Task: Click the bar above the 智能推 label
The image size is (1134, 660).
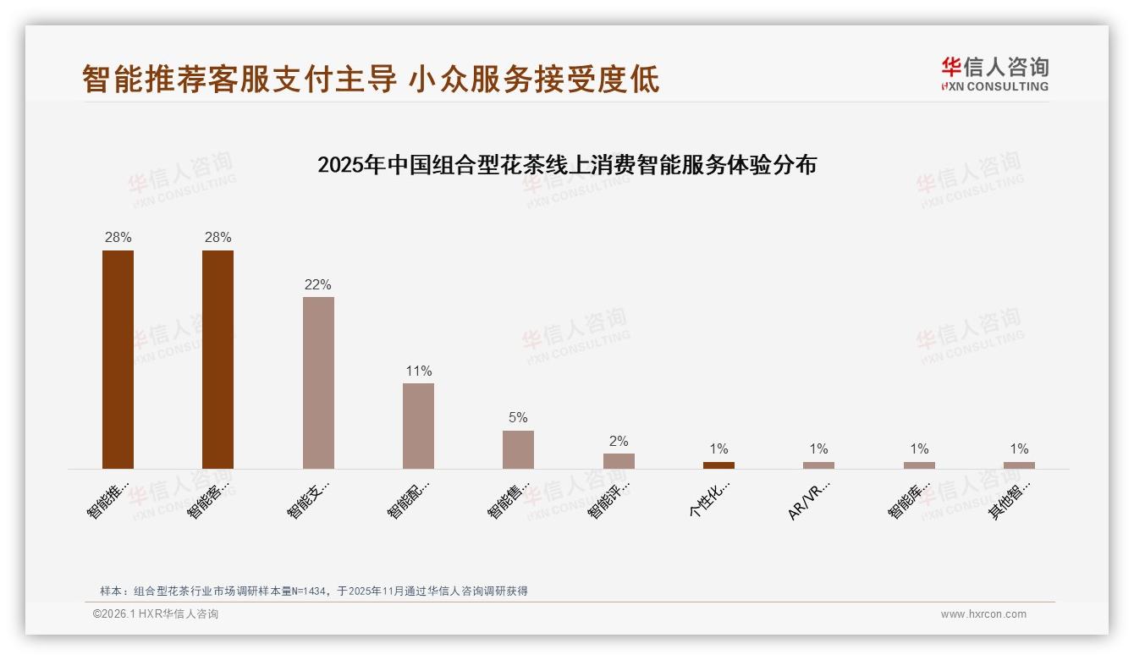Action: click(118, 359)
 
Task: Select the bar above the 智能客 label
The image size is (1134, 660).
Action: click(217, 359)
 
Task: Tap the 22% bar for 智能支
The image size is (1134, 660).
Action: click(318, 382)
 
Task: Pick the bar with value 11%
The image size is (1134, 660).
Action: click(418, 426)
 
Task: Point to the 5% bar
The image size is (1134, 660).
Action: click(518, 449)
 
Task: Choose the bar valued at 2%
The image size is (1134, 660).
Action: click(619, 461)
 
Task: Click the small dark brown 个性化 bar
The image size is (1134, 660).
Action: click(718, 465)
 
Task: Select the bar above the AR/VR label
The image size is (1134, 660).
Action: click(818, 465)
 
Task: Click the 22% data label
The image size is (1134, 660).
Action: click(318, 285)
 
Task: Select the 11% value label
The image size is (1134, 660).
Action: click(418, 371)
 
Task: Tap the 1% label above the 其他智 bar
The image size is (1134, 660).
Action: click(1019, 449)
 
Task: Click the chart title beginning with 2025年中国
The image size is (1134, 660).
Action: click(567, 165)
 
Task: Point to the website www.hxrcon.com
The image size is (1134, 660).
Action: click(983, 614)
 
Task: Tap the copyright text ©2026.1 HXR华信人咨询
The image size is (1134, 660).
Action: click(156, 614)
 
